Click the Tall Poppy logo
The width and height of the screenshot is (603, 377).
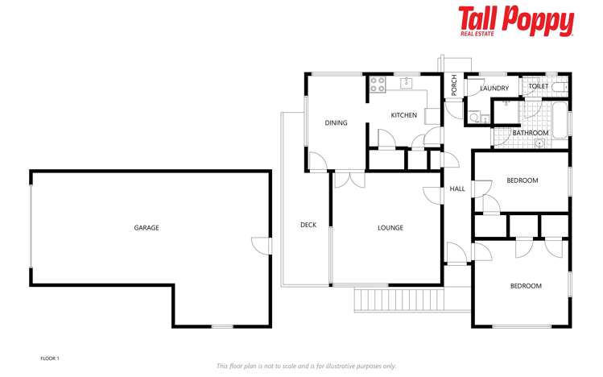(515, 21)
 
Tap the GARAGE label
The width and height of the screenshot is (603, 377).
(146, 228)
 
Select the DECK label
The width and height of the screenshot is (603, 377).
(308, 225)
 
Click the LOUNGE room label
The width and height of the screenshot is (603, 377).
(390, 228)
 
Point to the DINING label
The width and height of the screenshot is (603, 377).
(336, 123)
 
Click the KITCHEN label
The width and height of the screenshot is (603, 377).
(403, 115)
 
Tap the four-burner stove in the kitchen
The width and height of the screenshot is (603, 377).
(377, 84)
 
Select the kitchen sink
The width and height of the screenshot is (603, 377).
(407, 81)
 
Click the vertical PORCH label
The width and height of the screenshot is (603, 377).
(454, 85)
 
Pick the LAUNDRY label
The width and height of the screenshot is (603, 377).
(494, 89)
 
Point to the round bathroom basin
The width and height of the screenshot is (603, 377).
(539, 144)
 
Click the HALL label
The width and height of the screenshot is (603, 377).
(457, 189)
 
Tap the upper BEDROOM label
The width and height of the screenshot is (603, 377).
(522, 180)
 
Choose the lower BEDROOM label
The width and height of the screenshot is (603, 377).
(526, 286)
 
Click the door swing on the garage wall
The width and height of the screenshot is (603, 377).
(259, 244)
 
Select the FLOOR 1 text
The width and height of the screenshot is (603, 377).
(50, 358)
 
